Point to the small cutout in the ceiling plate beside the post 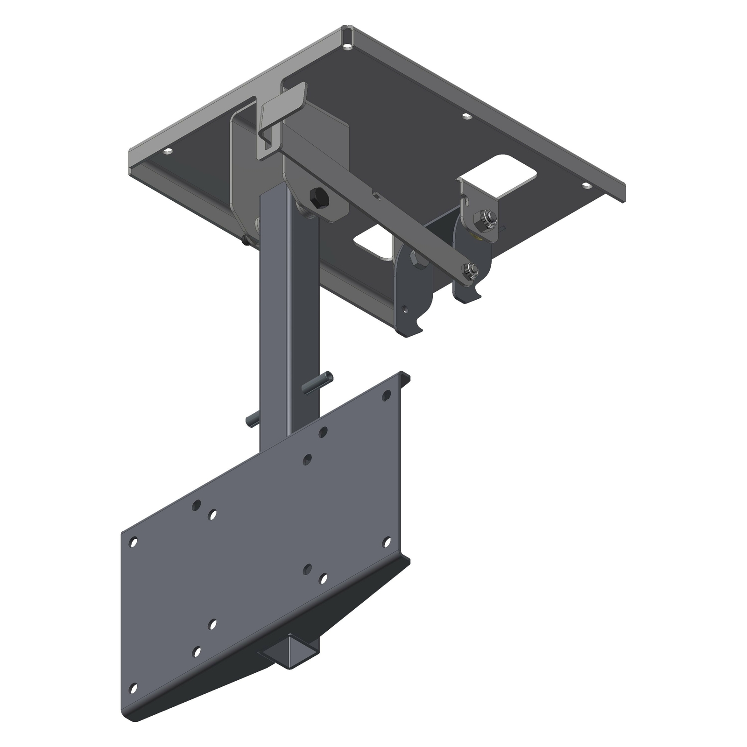(373, 244)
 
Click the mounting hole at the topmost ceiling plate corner (347, 47)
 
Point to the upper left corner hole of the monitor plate (134, 543)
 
